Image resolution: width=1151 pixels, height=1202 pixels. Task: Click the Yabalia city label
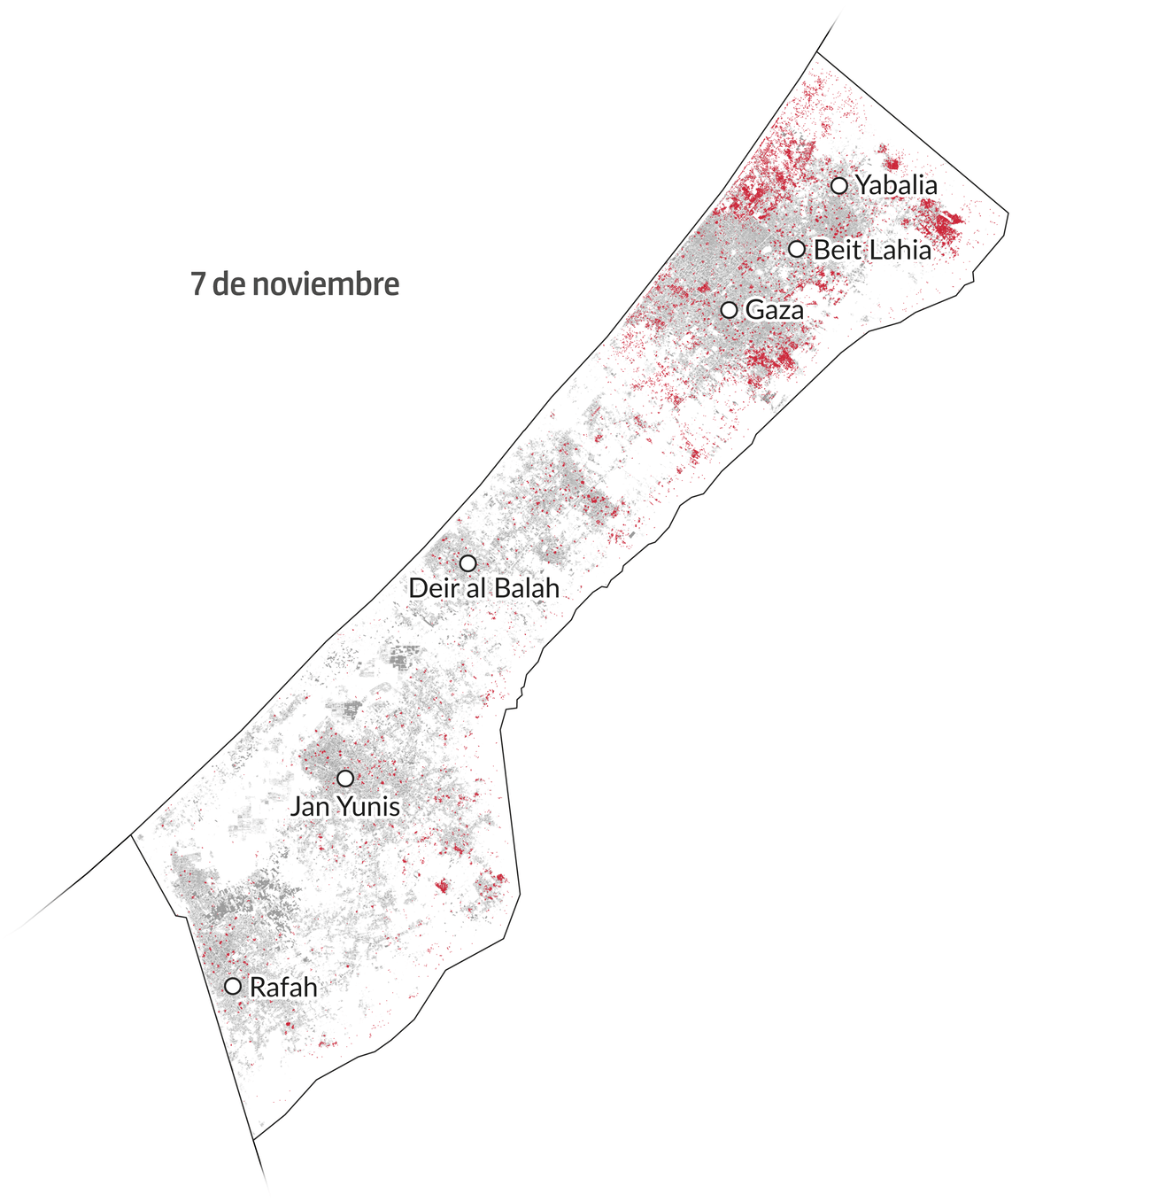[x=895, y=186]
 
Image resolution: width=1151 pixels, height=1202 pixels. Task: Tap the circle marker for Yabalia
[x=839, y=185]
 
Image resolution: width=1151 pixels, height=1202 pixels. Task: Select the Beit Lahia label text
[x=872, y=250]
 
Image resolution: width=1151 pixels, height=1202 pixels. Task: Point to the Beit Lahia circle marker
[x=797, y=249]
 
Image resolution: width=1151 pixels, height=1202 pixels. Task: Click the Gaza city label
[x=775, y=310]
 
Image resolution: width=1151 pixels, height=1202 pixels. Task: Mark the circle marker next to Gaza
[x=729, y=310]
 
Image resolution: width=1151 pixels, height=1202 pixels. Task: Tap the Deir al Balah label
[x=484, y=587]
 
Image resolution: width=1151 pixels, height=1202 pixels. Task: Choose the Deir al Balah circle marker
[x=467, y=563]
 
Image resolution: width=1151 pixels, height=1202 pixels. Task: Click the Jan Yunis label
[x=345, y=807]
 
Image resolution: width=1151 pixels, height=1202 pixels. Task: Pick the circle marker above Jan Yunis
[x=345, y=779]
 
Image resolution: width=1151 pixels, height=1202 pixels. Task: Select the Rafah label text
[x=283, y=987]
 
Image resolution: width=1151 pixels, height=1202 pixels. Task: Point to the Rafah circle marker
[x=233, y=986]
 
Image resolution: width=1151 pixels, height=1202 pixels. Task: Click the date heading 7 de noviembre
[x=295, y=284]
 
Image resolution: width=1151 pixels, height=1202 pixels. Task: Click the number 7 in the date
[x=197, y=284]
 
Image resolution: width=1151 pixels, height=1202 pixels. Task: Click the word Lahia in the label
[x=899, y=250]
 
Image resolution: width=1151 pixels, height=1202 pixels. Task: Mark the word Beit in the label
[x=837, y=250]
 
